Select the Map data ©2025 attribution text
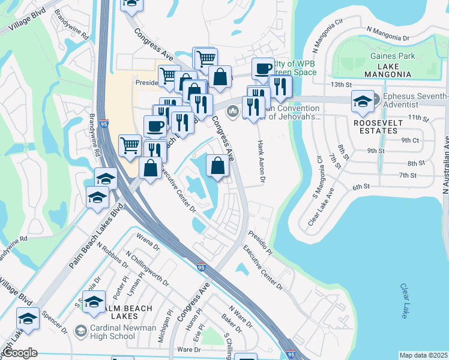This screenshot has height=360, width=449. click(x=424, y=355)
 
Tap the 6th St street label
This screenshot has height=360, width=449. click(x=360, y=187)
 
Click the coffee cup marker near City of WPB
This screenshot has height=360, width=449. click(x=262, y=68)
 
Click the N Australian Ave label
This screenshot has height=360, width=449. click(x=445, y=180)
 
